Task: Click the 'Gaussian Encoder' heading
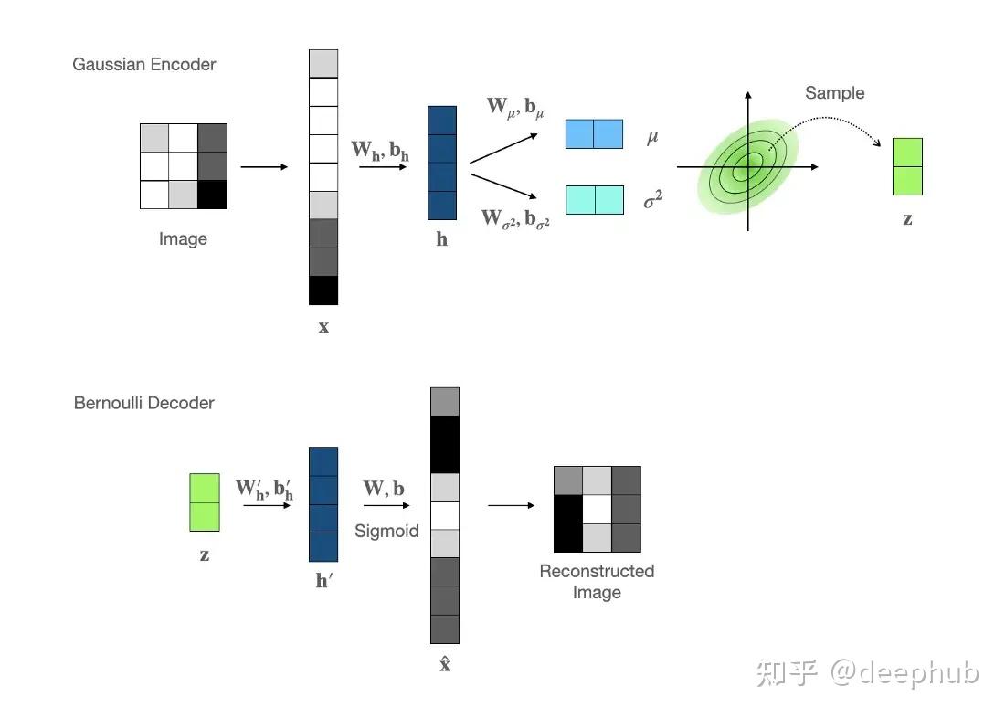click(x=144, y=65)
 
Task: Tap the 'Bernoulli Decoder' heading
click(x=144, y=403)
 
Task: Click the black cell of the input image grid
click(x=212, y=195)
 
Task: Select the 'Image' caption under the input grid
click(x=183, y=239)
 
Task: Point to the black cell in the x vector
click(x=323, y=290)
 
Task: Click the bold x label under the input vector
click(x=323, y=326)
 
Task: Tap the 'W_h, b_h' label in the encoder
click(x=380, y=150)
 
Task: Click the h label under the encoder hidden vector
click(x=442, y=240)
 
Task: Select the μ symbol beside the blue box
click(x=652, y=137)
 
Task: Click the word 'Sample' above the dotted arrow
click(x=834, y=93)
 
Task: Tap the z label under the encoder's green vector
click(x=907, y=219)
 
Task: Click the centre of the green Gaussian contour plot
click(x=748, y=167)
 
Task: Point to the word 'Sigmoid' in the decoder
click(x=386, y=531)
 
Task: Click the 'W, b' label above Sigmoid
click(x=384, y=489)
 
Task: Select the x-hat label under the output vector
click(x=445, y=665)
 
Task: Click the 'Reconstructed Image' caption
click(x=597, y=582)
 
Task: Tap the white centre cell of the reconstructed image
click(x=598, y=509)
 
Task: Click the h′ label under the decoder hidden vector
click(x=323, y=580)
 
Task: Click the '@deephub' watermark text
click(x=904, y=673)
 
